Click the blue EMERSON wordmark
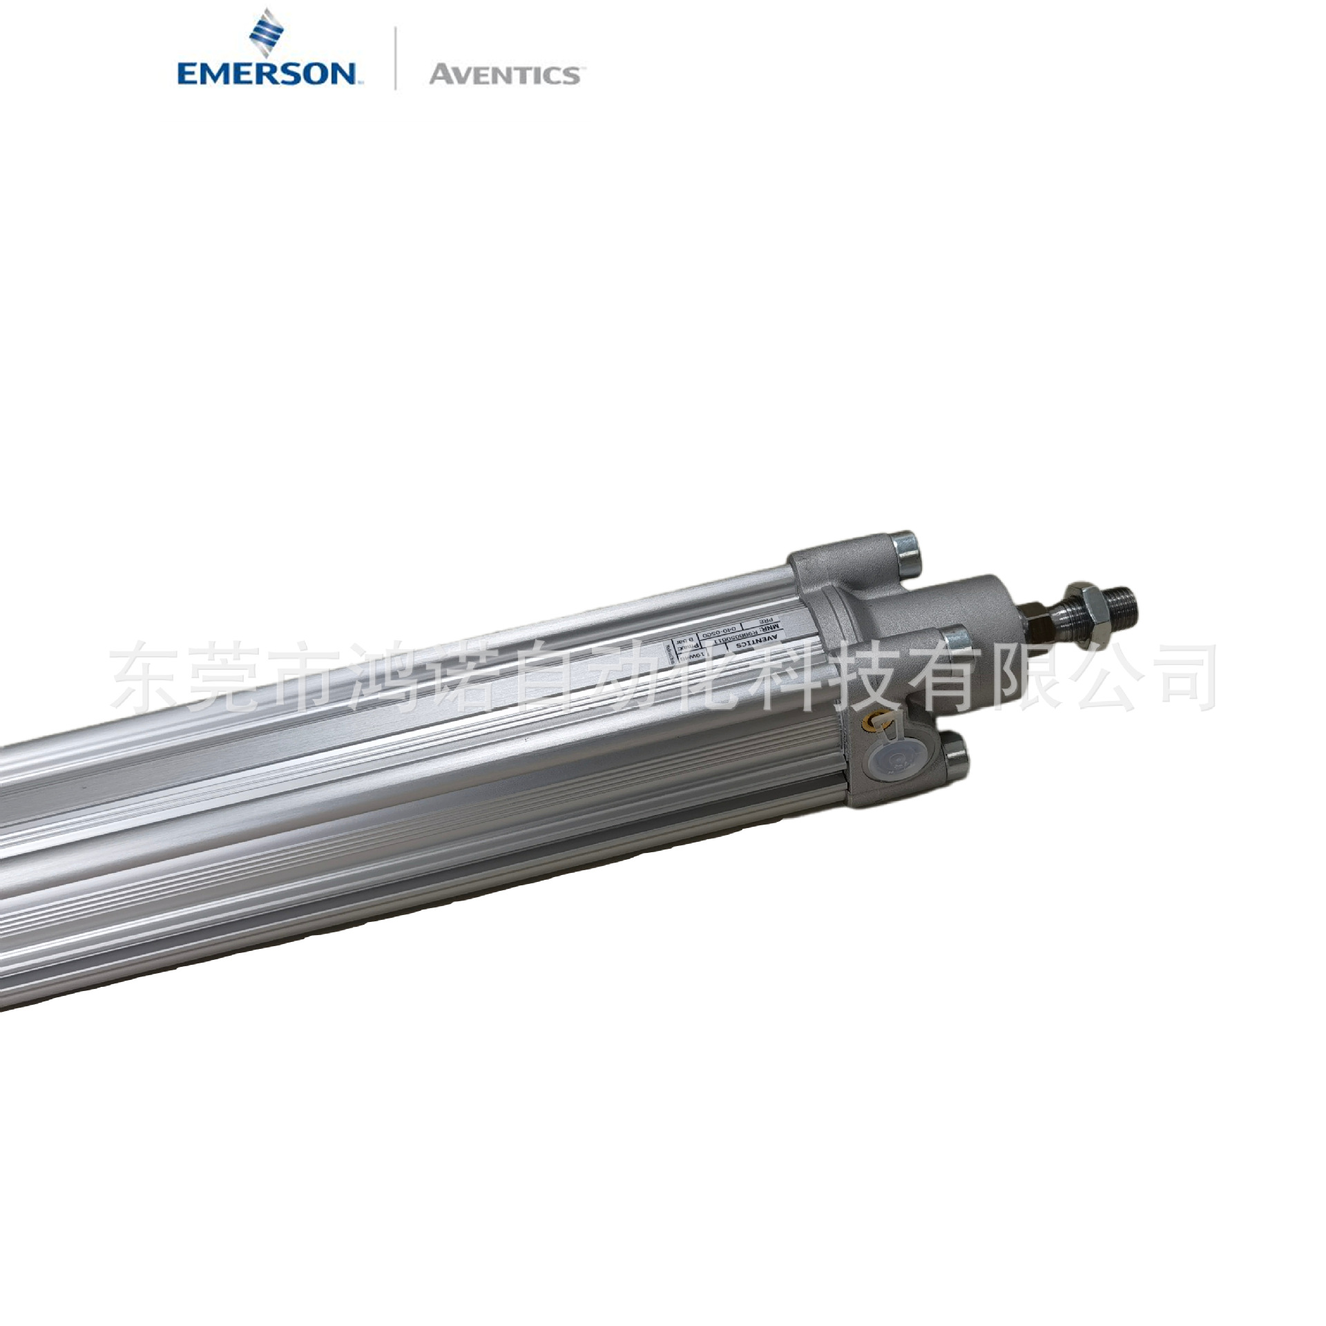click(x=266, y=73)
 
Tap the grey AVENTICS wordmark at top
click(x=504, y=74)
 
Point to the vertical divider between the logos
click(x=395, y=58)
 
